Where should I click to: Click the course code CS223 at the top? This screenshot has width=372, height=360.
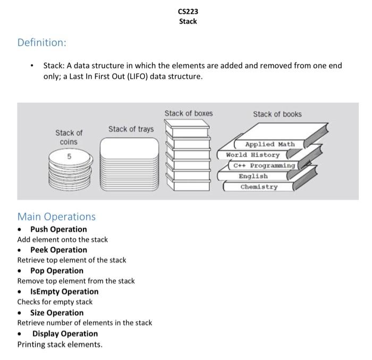(188, 11)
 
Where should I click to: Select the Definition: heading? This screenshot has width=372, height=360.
(42, 42)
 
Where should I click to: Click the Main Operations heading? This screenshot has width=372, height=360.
(56, 216)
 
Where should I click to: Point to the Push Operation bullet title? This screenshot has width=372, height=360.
(58, 229)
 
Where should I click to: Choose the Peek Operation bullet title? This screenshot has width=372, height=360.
(58, 250)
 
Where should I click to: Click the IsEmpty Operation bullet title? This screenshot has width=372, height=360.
(64, 291)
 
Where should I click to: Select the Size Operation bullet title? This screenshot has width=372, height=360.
(57, 313)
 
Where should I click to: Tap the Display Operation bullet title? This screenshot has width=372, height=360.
(65, 333)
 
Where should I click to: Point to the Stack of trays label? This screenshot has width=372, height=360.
(131, 129)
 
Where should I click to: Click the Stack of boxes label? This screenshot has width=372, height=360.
(188, 113)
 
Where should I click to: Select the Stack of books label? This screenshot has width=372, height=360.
(277, 114)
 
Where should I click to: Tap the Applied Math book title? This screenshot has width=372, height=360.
(269, 144)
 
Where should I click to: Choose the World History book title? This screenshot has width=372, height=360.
(252, 155)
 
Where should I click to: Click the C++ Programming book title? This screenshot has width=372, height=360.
(264, 165)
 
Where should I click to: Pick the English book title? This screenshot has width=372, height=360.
(253, 176)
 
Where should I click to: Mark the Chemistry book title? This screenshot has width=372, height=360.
(259, 187)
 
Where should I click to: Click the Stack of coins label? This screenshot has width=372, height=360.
(69, 137)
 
